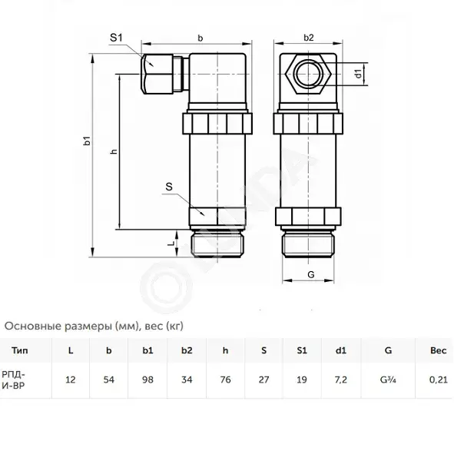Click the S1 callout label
coord(117,38)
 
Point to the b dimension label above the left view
coord(200,38)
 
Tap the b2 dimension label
coord(309,38)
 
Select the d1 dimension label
coord(359,74)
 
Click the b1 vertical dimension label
coord(87,141)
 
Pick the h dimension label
coord(114,151)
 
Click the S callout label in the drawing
coord(169,187)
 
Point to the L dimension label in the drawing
coord(171,243)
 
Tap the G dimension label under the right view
coord(310,274)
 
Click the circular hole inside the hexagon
coord(308,73)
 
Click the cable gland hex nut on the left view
coord(157,74)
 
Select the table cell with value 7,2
coord(340,379)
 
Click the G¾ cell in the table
coord(388,379)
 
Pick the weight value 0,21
coord(439,379)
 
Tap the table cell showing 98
coord(147,379)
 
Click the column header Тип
coord(20,350)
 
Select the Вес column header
coord(438,350)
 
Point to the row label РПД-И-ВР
coord(13,380)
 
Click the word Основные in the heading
coord(33,326)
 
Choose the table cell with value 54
coord(109,379)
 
